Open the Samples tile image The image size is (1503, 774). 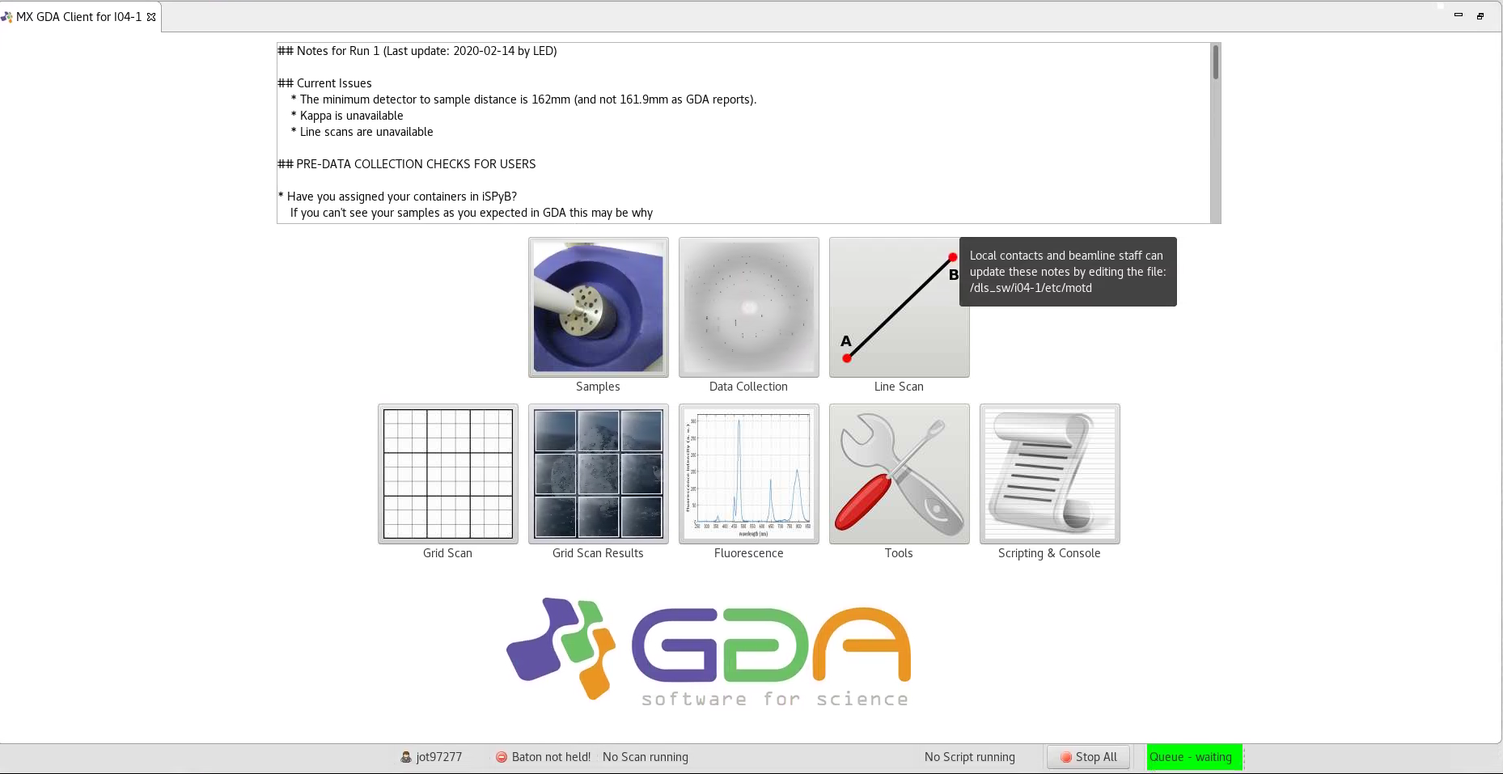click(598, 307)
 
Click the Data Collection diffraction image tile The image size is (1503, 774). click(748, 307)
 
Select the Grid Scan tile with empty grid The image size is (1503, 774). click(447, 474)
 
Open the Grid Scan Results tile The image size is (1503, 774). click(598, 474)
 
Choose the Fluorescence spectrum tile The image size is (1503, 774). click(748, 474)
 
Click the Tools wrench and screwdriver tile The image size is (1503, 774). click(899, 474)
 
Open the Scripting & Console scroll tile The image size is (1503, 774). click(1049, 474)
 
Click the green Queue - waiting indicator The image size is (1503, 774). click(1193, 757)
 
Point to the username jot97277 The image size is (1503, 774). click(438, 757)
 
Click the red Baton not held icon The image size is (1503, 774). click(502, 757)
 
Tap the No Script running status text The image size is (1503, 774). click(969, 757)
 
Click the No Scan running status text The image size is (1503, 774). click(645, 757)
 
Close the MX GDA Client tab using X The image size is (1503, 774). click(151, 16)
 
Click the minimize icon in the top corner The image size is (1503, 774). click(1459, 15)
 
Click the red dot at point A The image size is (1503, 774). click(847, 357)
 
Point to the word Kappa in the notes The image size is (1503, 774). click(315, 116)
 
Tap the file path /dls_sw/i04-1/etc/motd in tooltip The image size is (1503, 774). click(1031, 288)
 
